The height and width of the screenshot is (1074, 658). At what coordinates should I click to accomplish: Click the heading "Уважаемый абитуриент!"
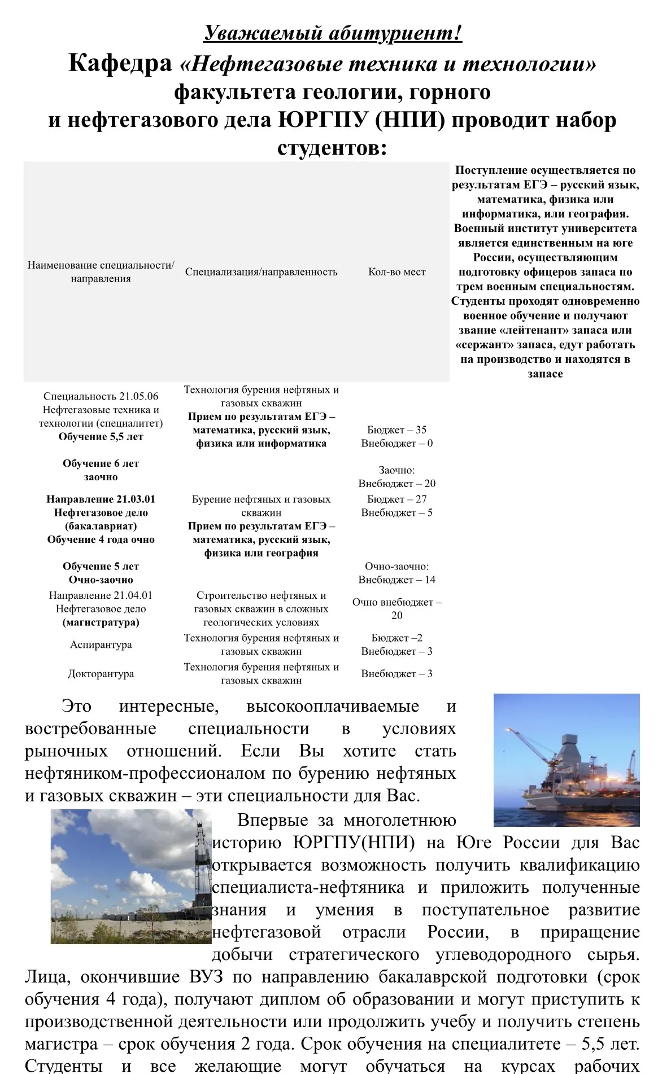[x=333, y=33]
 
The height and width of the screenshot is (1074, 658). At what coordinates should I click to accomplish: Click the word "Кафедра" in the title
[x=120, y=63]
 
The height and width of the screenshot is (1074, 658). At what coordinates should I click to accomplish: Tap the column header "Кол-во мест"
[x=396, y=272]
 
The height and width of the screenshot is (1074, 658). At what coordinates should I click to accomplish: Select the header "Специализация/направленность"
[x=261, y=272]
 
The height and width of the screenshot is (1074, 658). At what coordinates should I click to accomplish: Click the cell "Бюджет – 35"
[x=396, y=429]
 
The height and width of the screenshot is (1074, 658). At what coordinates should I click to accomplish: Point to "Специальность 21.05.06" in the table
[x=101, y=396]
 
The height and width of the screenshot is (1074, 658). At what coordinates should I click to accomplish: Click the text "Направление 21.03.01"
[x=101, y=499]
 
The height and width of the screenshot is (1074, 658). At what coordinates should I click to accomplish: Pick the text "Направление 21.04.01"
[x=101, y=595]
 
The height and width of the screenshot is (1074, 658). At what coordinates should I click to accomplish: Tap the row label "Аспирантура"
[x=101, y=645]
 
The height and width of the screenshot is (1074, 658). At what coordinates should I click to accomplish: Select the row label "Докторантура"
[x=101, y=674]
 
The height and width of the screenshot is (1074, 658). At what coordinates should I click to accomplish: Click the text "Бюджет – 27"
[x=396, y=499]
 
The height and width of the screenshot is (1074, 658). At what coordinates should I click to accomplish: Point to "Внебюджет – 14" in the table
[x=396, y=580]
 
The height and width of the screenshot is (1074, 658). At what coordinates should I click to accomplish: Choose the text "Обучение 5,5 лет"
[x=101, y=437]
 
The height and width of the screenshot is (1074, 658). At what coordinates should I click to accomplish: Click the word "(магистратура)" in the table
[x=101, y=623]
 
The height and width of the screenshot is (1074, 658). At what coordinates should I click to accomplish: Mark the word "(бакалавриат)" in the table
[x=101, y=526]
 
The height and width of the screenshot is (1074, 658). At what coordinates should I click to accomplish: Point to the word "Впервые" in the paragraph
[x=273, y=820]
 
